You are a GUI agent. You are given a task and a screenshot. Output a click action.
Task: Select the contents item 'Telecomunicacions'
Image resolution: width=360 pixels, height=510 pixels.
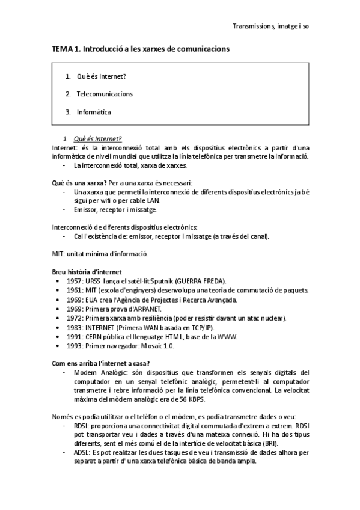tap(105, 94)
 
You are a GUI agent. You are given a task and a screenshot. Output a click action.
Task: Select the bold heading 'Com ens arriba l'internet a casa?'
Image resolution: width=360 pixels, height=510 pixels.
tap(101, 363)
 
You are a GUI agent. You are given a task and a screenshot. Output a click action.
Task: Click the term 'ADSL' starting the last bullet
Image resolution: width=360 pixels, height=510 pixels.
tap(81, 453)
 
